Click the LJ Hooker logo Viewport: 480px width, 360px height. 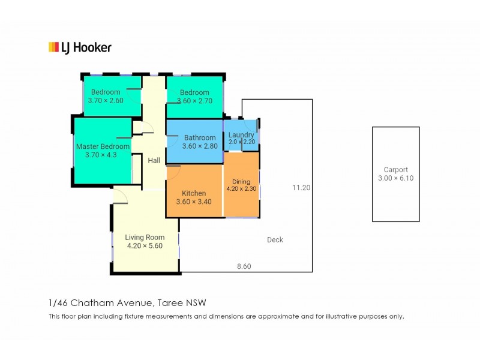(x=79, y=47)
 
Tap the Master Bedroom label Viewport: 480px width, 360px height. (x=103, y=146)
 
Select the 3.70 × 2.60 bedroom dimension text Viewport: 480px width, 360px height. (x=106, y=101)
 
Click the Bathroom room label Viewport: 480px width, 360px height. (x=200, y=138)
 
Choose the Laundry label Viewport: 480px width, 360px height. (x=241, y=135)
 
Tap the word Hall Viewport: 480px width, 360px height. (x=154, y=160)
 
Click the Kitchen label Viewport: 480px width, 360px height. (x=194, y=193)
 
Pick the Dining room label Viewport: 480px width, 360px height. (x=241, y=182)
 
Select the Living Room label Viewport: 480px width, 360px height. (x=145, y=237)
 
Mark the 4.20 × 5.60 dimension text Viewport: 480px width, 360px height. (x=145, y=245)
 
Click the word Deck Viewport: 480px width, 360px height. (x=275, y=240)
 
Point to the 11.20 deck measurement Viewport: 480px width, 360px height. (x=301, y=188)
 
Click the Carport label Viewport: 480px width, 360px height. (x=395, y=170)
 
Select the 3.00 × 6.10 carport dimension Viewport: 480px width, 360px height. (x=395, y=178)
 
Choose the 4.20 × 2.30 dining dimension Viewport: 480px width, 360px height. (x=241, y=189)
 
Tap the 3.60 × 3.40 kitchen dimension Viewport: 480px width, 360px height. (x=194, y=202)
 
